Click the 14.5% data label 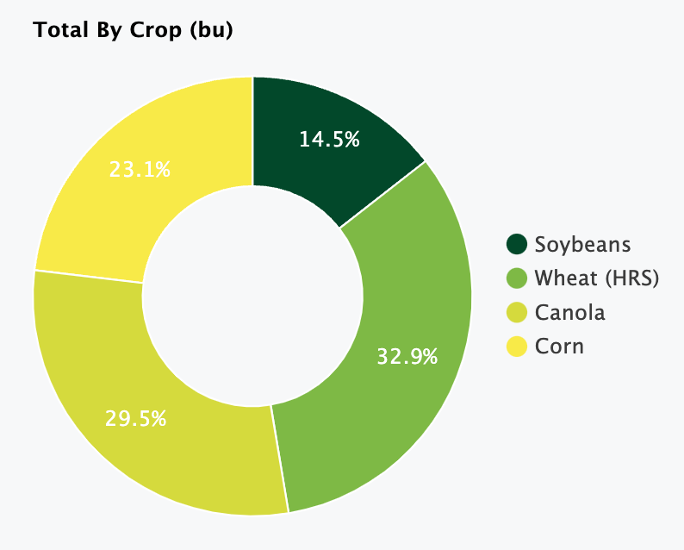click(x=329, y=139)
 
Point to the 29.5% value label click(x=136, y=419)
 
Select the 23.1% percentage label click(x=140, y=170)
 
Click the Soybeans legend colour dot click(x=517, y=244)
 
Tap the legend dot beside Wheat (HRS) click(x=517, y=278)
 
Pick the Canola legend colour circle click(x=517, y=312)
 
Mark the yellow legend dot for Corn click(x=517, y=347)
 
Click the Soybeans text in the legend click(x=582, y=244)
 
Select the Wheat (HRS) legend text click(x=596, y=278)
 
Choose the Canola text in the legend click(x=569, y=312)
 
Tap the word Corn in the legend click(x=559, y=347)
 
